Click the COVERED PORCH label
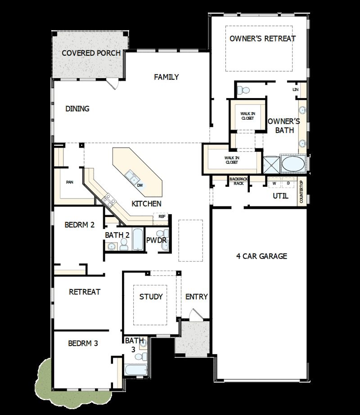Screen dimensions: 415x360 click(91, 53)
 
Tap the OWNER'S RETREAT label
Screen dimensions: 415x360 click(262, 39)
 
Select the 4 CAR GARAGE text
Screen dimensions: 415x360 click(261, 257)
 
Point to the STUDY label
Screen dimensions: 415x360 click(151, 297)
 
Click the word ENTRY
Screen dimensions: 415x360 click(197, 297)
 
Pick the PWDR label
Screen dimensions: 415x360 click(157, 240)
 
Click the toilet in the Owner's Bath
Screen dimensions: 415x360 click(243, 90)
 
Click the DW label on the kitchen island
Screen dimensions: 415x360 click(140, 185)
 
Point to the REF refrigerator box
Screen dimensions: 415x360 click(162, 217)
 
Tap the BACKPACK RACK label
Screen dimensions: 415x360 click(238, 181)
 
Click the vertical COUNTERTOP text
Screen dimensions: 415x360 click(301, 191)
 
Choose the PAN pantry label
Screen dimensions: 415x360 click(70, 182)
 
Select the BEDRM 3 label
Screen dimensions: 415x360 click(83, 343)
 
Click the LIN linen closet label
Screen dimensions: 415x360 click(295, 90)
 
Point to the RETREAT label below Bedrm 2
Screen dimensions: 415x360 click(85, 292)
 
